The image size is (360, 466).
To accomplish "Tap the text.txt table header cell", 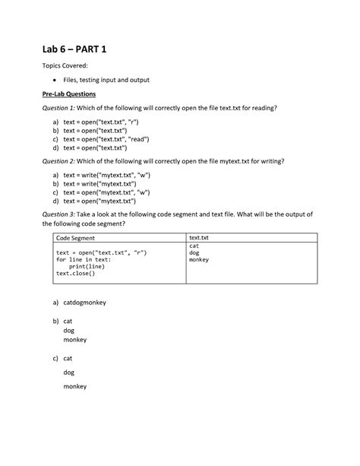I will pos(198,239).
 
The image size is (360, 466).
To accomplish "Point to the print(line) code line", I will pos(87,267).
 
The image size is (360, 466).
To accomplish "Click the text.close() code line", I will pos(76,274).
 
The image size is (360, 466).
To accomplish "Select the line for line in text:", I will pos(84,259).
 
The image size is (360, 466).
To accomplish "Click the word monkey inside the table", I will pos(200,260).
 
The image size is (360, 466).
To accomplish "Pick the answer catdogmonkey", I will pos(85,303).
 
